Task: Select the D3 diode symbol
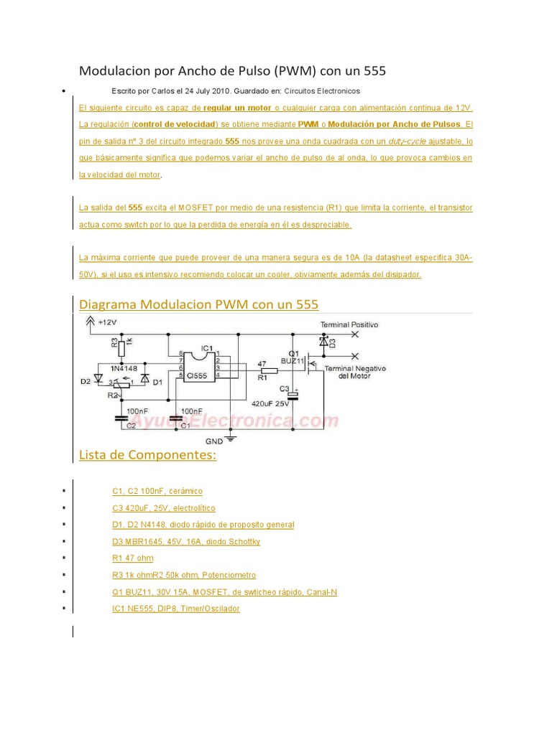pos(323,344)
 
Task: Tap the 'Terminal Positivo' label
pos(349,324)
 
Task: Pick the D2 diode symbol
pos(98,378)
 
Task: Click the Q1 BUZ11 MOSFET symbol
pos(310,367)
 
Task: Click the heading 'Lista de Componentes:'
pos(147,455)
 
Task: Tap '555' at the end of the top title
pos(374,70)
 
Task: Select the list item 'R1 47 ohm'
pos(132,558)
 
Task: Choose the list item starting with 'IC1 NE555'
pos(176,609)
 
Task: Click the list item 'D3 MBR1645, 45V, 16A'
pos(186,541)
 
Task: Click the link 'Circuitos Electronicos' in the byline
pos(322,91)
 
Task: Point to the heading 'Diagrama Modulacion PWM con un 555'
pos(198,304)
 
